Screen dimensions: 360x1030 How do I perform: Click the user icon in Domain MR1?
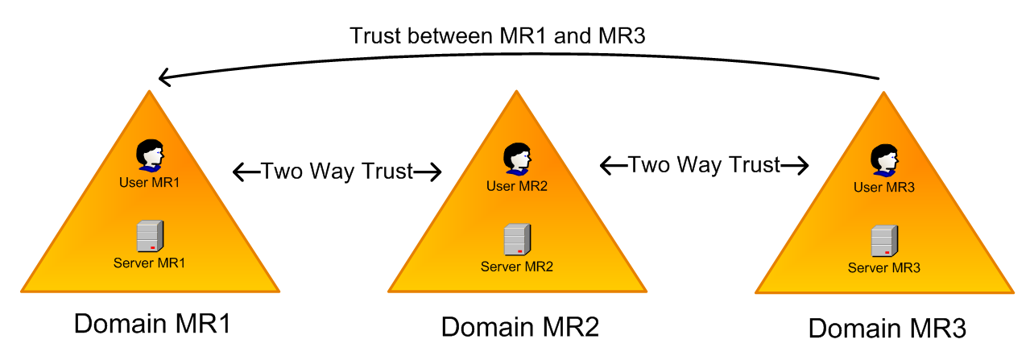click(150, 155)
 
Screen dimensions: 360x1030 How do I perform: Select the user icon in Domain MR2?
click(516, 159)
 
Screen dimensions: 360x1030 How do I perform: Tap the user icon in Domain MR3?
click(884, 160)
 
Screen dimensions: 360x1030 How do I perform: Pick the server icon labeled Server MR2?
click(516, 240)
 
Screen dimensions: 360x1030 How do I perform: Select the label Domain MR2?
click(519, 327)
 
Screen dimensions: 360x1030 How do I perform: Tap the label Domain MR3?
click(887, 329)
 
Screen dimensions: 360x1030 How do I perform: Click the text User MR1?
click(150, 182)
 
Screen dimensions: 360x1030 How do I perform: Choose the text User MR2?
click(517, 186)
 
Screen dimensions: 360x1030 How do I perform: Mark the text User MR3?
click(884, 188)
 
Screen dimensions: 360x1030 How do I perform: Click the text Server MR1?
click(150, 263)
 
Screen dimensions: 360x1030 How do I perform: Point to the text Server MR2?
click(517, 266)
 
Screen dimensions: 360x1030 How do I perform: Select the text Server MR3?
click(884, 267)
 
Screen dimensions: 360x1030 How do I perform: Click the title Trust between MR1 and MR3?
click(498, 36)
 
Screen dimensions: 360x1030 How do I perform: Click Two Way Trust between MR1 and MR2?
click(337, 171)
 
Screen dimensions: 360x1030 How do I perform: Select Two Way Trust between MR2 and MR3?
click(704, 165)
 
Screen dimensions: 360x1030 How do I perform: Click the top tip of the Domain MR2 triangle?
click(516, 92)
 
